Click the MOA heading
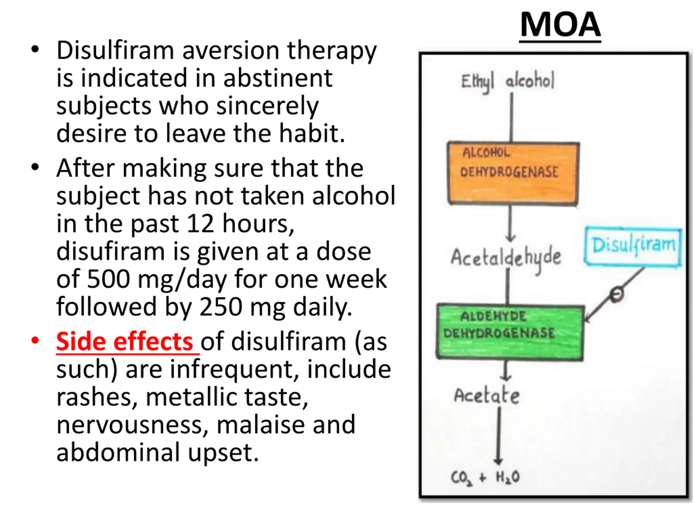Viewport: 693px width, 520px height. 560,25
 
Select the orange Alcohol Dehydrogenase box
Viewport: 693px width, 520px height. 513,173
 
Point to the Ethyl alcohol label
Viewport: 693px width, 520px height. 508,81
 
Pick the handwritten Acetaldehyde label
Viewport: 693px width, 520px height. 506,258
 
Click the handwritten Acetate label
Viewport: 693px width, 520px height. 487,396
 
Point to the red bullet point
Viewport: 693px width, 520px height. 35,341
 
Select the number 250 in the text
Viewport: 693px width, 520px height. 221,307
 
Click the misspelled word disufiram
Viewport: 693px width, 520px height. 110,251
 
